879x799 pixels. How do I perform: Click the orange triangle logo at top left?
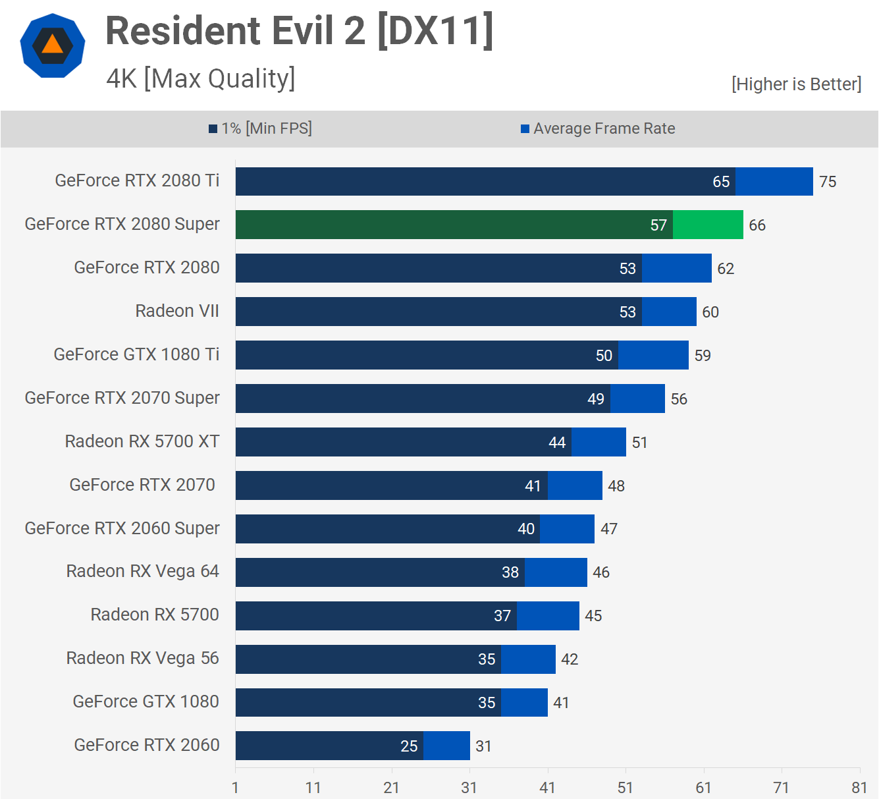pyautogui.click(x=53, y=45)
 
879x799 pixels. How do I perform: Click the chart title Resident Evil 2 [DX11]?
pyautogui.click(x=299, y=31)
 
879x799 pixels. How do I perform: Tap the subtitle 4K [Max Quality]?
pyautogui.click(x=201, y=78)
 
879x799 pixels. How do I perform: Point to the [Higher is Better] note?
pyautogui.click(x=796, y=84)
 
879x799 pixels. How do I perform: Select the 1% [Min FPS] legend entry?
pyautogui.click(x=261, y=128)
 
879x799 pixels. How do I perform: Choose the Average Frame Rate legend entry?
pyautogui.click(x=598, y=128)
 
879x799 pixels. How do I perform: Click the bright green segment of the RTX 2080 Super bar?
pyautogui.click(x=708, y=225)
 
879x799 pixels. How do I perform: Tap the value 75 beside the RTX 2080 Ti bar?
pyautogui.click(x=828, y=182)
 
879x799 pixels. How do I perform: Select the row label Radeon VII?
pyautogui.click(x=177, y=311)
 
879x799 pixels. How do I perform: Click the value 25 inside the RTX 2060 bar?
pyautogui.click(x=409, y=746)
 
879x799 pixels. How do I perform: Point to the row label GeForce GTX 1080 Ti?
pyautogui.click(x=136, y=354)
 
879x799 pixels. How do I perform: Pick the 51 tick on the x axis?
pyautogui.click(x=626, y=788)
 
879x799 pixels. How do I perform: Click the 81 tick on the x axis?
pyautogui.click(x=859, y=788)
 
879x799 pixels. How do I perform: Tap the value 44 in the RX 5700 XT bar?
pyautogui.click(x=557, y=443)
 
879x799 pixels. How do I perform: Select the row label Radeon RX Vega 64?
pyautogui.click(x=142, y=571)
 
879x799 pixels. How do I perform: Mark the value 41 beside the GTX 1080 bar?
pyautogui.click(x=561, y=703)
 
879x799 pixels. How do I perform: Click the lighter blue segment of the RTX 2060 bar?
pyautogui.click(x=446, y=746)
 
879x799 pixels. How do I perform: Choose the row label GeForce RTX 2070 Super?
pyautogui.click(x=122, y=398)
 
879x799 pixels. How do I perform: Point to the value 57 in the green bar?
pyautogui.click(x=658, y=225)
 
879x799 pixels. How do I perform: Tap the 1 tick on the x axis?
pyautogui.click(x=236, y=788)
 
